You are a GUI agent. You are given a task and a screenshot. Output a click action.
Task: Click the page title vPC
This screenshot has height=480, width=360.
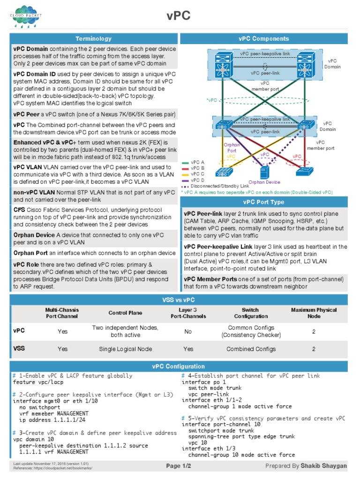(179, 16)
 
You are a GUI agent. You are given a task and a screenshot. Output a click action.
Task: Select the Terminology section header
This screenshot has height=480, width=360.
(94, 39)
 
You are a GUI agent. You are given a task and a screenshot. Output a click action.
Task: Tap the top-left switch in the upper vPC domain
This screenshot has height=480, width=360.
(221, 66)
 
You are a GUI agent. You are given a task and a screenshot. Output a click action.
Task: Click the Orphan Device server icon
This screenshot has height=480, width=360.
(264, 172)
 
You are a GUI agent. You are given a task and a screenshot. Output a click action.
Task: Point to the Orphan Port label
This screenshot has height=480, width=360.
(232, 147)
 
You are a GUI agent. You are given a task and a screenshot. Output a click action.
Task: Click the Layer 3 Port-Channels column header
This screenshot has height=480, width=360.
(188, 313)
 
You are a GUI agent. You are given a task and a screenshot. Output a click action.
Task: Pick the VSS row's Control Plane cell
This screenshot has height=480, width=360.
(126, 349)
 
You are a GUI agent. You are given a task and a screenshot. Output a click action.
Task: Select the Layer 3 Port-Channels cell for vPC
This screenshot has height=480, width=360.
(188, 331)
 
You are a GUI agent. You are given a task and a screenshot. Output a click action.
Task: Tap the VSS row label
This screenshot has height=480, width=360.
(19, 348)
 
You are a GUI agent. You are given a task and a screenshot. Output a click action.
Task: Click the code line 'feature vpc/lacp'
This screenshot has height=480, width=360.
(37, 382)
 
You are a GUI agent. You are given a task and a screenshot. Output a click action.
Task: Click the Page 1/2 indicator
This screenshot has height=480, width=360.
(180, 465)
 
